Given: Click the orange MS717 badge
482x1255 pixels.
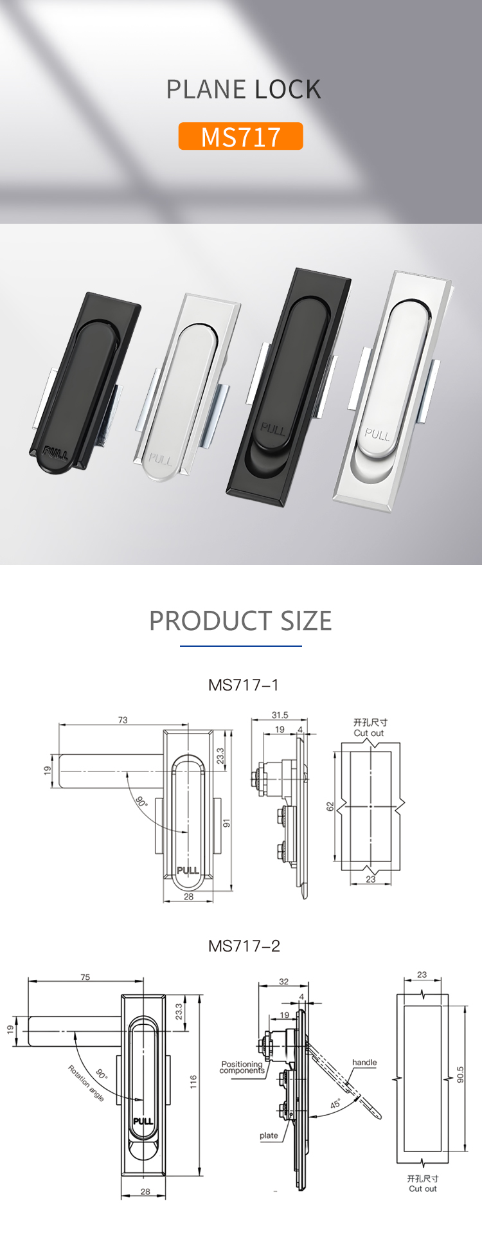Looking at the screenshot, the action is [240, 136].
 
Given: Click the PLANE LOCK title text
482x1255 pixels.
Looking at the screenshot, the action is [244, 89].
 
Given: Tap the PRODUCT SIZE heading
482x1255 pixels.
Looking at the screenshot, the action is [240, 620].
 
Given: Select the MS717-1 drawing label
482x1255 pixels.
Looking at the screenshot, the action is [244, 685].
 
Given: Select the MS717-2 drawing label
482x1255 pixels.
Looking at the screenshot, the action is [244, 946].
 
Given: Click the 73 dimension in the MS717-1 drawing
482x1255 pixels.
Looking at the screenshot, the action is [123, 720].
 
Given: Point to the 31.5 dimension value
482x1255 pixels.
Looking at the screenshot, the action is [280, 715].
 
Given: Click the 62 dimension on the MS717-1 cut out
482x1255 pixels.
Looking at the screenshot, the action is [330, 806].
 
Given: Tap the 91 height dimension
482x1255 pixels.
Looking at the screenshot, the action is [226, 824].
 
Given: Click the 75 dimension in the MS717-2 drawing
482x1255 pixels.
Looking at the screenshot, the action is [85, 977].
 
